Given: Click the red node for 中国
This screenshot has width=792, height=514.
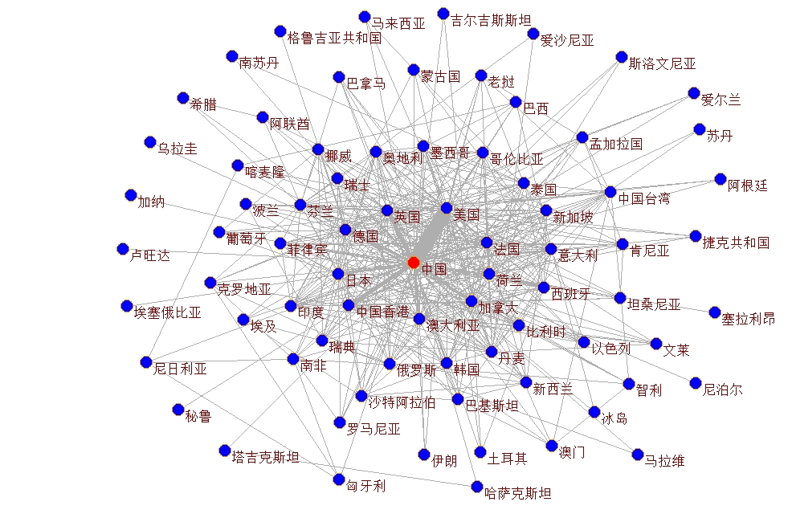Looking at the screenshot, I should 414,263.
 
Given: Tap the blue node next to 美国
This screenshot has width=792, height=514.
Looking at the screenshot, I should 447,208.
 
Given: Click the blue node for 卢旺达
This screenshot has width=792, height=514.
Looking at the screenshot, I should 123,249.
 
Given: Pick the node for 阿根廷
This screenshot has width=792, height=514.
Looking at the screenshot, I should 721,179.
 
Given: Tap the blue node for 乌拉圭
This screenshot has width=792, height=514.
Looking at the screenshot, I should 149,142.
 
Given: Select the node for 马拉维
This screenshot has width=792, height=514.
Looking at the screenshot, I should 638,455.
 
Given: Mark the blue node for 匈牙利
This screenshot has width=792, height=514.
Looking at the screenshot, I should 339,480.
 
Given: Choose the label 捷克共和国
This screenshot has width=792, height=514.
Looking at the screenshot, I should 736,243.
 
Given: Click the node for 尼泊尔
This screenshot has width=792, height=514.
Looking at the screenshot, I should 696,383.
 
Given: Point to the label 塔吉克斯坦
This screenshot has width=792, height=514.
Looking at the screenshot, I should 265,458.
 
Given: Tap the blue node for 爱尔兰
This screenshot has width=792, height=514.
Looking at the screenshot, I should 694,93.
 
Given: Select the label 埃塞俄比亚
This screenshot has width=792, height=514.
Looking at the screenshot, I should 167,312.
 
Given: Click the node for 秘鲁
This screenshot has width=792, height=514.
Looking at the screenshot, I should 178,410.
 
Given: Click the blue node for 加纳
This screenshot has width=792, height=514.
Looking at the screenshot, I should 131,195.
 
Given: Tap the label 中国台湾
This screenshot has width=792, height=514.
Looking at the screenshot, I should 643,198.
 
